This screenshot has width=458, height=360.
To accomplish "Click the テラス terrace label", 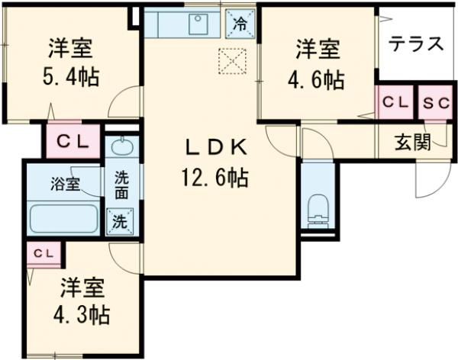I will [x=416, y=43].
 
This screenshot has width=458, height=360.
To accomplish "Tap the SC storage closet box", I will [x=436, y=101].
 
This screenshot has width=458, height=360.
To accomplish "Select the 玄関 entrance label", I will [x=412, y=143].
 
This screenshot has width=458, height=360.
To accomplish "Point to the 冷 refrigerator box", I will [x=240, y=23].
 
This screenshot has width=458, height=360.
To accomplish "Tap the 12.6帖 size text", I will [x=214, y=178].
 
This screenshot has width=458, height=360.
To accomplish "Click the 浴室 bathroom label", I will [x=63, y=184].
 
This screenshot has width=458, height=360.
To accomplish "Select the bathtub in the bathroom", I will [x=63, y=218].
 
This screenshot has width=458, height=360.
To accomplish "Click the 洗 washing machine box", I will [x=122, y=223].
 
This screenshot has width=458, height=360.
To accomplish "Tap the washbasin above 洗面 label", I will [x=122, y=146].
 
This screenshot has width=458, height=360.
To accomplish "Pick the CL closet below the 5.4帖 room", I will [x=73, y=140].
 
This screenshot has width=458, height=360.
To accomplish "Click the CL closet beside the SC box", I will [x=395, y=101].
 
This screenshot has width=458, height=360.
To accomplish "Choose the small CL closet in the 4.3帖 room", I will [x=43, y=252].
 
